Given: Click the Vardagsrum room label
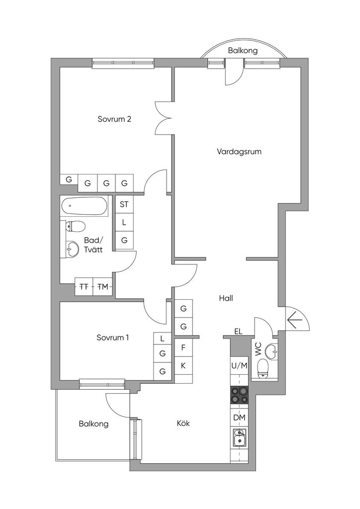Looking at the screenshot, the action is (x=239, y=152).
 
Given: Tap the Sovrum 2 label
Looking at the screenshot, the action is (x=114, y=119).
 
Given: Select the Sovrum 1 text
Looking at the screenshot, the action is (x=113, y=338).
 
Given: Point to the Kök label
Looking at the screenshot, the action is (x=183, y=424).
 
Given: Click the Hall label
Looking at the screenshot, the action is (x=226, y=299).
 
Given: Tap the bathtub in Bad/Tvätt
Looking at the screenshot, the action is (x=85, y=206).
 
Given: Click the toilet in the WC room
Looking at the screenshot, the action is (x=263, y=368).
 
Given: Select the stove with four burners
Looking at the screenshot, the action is (x=239, y=395).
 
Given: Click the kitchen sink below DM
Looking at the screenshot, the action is (x=239, y=439).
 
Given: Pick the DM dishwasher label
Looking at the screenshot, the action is (x=239, y=418).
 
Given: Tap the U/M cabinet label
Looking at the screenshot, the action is (x=239, y=366).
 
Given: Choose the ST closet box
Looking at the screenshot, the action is (x=124, y=204).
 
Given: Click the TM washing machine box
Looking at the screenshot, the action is (x=103, y=287).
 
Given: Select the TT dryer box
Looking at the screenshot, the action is (x=84, y=287).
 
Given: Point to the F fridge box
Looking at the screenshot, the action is (x=183, y=347).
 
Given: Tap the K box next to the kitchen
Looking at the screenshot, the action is (x=183, y=366).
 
